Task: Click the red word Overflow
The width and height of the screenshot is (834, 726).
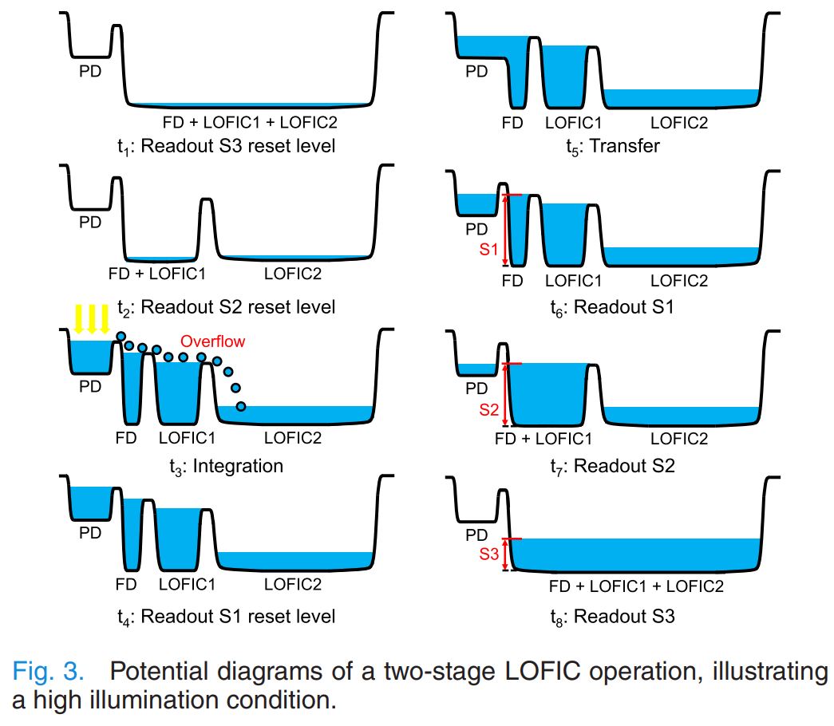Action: [x=212, y=341]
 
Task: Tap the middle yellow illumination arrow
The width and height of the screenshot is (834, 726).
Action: [x=92, y=319]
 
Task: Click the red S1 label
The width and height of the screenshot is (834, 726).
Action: [x=489, y=250]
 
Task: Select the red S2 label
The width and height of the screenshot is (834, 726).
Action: [x=489, y=409]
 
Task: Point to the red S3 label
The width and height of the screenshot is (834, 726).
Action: [x=489, y=554]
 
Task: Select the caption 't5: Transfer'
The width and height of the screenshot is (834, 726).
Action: [x=606, y=147]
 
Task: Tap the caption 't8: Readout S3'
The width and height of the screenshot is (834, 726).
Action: [x=612, y=617]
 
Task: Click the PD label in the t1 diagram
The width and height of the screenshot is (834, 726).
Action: [x=90, y=71]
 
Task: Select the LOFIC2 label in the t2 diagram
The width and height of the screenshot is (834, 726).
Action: [x=293, y=274]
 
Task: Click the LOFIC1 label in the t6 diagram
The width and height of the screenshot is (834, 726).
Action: [x=573, y=281]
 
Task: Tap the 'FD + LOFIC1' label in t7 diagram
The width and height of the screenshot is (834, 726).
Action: [x=543, y=439]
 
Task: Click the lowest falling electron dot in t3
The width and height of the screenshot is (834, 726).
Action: [x=241, y=408]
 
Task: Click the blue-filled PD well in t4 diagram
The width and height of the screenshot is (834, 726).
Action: [x=90, y=503]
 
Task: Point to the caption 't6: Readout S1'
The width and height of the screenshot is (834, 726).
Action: [x=612, y=307]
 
